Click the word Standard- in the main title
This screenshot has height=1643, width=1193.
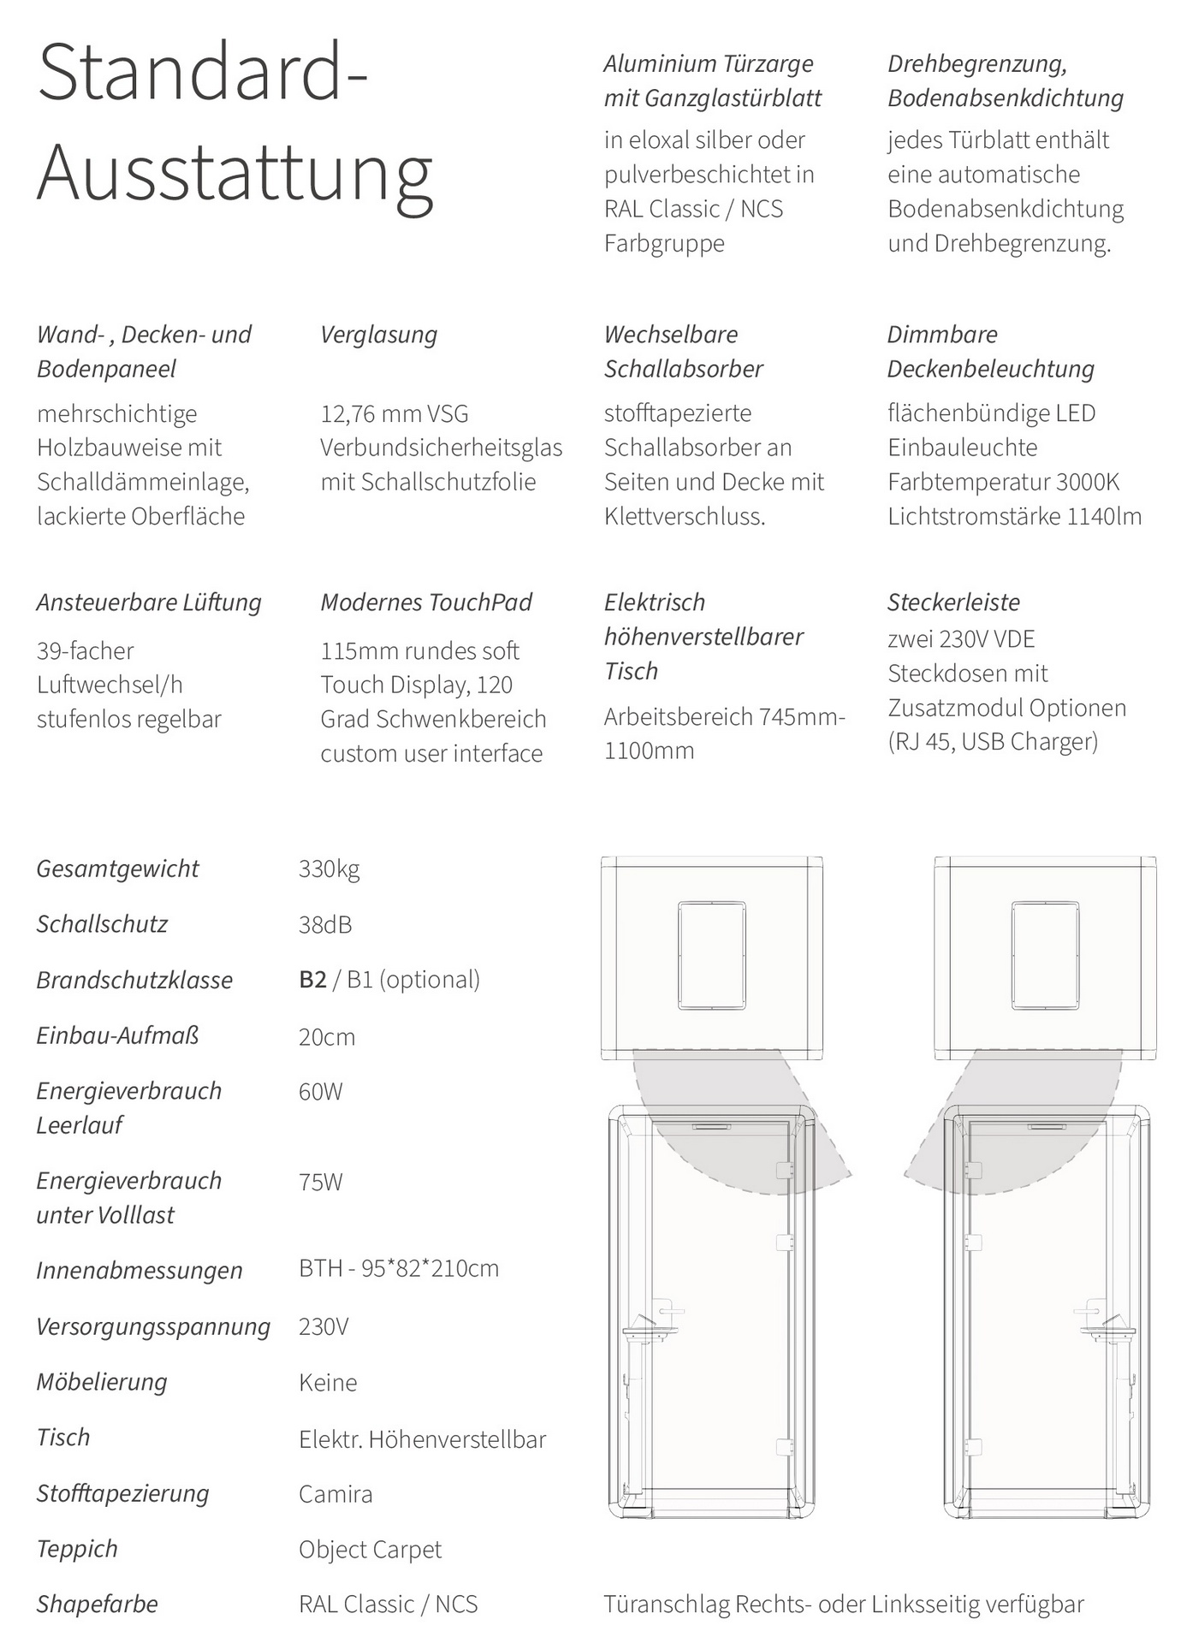click(x=202, y=74)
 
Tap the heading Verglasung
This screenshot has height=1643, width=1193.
click(x=378, y=335)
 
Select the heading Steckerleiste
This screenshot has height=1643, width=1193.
click(x=953, y=602)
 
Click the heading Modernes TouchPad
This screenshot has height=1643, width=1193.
click(x=426, y=602)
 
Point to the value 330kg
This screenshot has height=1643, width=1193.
click(x=329, y=869)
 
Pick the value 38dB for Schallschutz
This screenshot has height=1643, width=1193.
click(x=325, y=925)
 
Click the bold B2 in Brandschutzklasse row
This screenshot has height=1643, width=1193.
click(x=312, y=980)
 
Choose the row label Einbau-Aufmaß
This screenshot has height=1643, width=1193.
click(x=117, y=1036)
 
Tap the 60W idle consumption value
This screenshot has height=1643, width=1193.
click(x=320, y=1092)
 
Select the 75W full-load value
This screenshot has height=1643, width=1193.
click(x=320, y=1182)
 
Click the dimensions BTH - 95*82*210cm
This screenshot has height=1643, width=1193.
click(x=399, y=1268)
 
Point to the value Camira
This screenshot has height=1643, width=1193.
click(x=335, y=1495)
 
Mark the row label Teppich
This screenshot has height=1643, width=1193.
click(x=77, y=1550)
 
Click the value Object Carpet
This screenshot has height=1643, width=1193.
click(x=370, y=1550)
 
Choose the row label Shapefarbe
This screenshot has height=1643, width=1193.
click(x=97, y=1604)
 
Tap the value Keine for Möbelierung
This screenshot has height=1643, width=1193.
click(x=328, y=1383)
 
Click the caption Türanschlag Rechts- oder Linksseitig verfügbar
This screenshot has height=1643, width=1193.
click(x=843, y=1604)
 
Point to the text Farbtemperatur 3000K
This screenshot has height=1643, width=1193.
click(x=1003, y=482)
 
